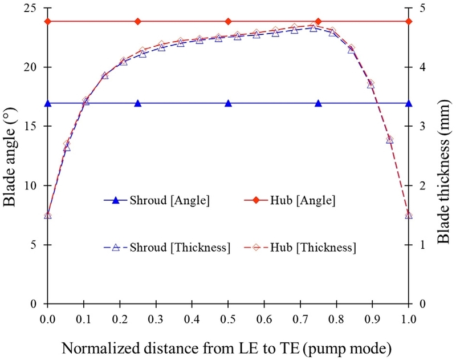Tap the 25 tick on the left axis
[34, 8]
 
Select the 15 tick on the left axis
[34, 127]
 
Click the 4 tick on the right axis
[421, 67]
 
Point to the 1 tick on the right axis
[421, 245]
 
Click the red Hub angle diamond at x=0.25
[138, 22]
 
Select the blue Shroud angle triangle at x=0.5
[228, 103]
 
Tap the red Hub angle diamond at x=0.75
[318, 22]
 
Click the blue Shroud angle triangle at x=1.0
[408, 103]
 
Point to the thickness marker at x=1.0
[408, 215]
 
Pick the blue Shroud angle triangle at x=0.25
[138, 103]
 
